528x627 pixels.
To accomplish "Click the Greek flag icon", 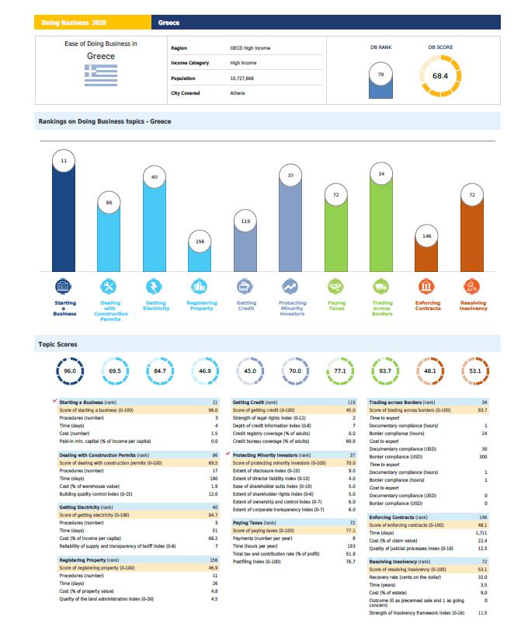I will coord(100,75).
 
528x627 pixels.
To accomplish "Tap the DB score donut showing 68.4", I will coord(440,76).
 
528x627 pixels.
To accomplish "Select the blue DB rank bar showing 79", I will coord(380,84).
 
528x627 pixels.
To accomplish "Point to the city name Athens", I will coord(238,93).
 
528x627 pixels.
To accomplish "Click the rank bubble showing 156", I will coord(199,241).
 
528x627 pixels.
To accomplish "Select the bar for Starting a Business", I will coord(64,218).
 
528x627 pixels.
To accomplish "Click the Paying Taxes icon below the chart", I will coord(335,287).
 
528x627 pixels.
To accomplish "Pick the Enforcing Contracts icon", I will coord(426,287).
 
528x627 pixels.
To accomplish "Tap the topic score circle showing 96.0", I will coord(70,371).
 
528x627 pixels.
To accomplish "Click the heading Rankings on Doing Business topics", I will coord(105,121).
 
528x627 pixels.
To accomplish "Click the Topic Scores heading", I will coord(58,343).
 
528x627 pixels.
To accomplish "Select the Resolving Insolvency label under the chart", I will coord(473,305).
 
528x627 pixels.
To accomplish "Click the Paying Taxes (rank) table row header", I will coord(251,523).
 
